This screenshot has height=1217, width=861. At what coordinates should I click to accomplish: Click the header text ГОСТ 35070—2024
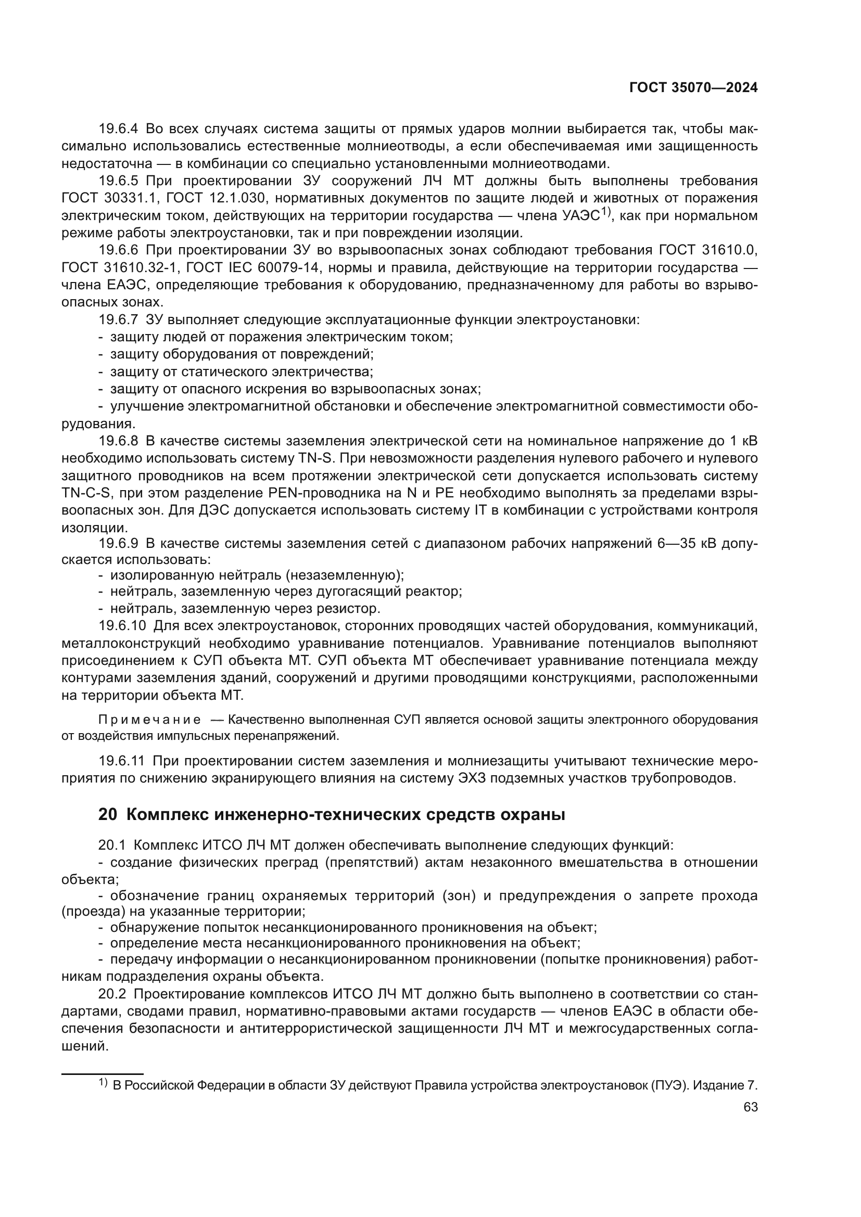(693, 88)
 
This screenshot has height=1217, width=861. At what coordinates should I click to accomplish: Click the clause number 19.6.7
(118, 319)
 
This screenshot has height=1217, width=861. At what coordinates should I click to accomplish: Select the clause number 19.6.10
(122, 626)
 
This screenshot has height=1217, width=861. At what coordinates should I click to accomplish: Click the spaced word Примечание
(149, 720)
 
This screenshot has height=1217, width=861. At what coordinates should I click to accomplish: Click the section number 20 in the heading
(108, 815)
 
